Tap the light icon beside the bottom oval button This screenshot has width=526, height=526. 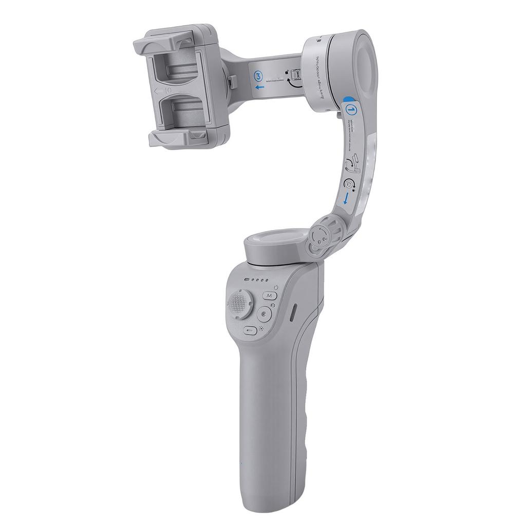[x=261, y=330]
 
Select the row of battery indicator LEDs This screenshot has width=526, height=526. [x=257, y=280]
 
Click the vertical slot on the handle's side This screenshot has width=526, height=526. [x=293, y=313]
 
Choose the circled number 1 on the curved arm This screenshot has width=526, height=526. [x=351, y=109]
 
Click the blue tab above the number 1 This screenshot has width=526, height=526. [x=349, y=99]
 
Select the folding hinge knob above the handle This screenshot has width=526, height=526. [x=321, y=235]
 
